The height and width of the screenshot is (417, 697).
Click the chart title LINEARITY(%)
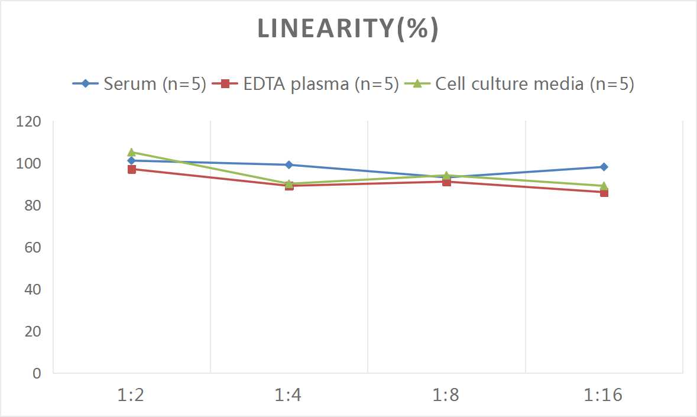click(348, 29)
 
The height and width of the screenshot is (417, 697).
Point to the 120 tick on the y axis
click(29, 122)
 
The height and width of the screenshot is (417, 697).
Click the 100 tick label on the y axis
click(29, 164)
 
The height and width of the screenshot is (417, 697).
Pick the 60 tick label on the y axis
click(33, 247)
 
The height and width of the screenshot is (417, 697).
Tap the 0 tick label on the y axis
click(37, 373)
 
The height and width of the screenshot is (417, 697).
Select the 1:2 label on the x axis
click(131, 395)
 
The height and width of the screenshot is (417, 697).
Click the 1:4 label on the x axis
click(288, 395)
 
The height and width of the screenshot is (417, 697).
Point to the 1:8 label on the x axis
click(446, 395)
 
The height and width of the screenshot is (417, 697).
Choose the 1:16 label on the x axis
click(604, 395)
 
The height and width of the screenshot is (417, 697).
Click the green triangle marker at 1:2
click(131, 152)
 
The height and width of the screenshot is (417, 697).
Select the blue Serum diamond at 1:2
click(131, 161)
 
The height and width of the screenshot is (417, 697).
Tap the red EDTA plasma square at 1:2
click(131, 169)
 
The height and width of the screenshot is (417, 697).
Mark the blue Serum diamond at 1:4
click(288, 165)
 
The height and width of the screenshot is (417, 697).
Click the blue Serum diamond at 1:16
click(604, 167)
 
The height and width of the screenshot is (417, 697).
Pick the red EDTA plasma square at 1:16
click(604, 192)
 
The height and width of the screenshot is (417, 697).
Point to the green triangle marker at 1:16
click(604, 186)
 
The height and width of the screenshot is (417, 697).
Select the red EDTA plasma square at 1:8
click(446, 182)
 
